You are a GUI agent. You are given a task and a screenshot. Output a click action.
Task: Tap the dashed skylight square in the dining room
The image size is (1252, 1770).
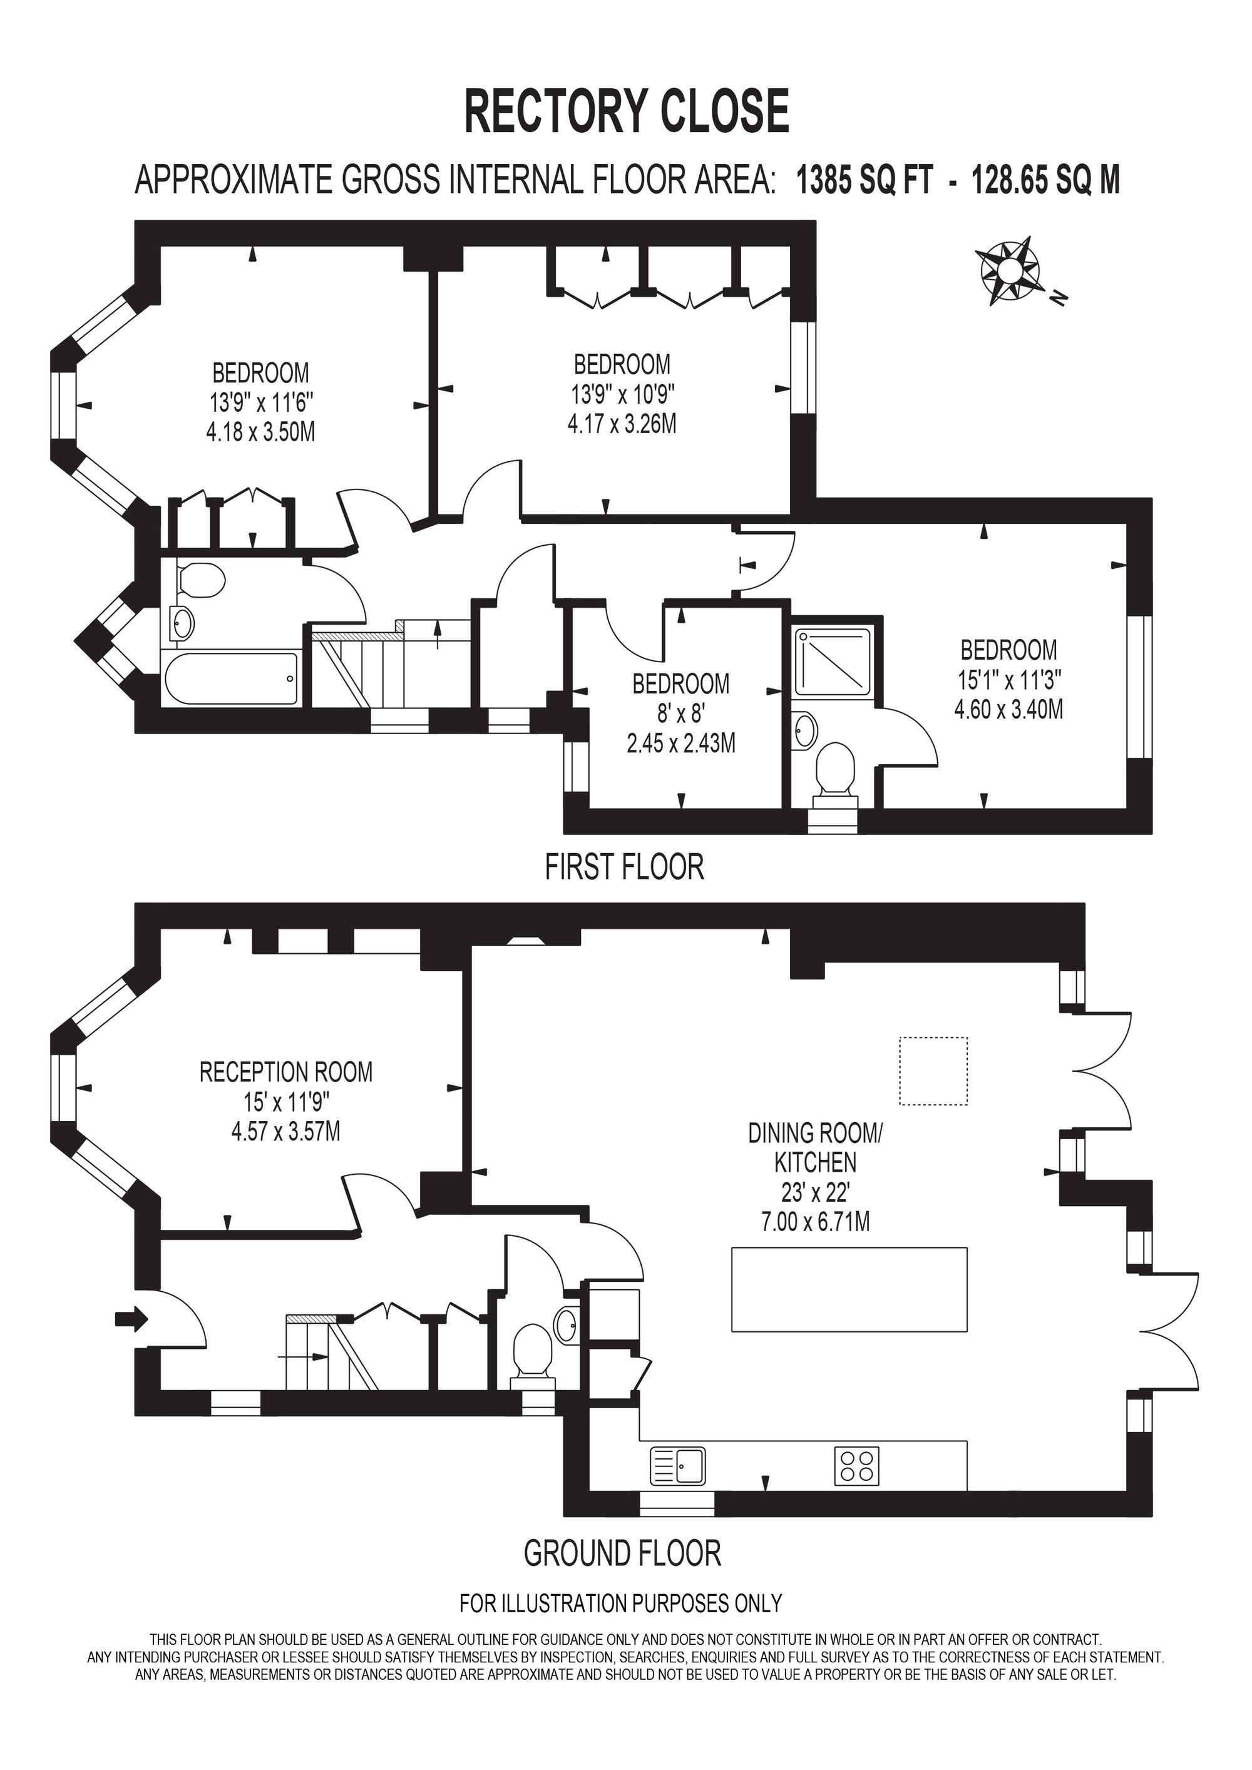pos(933,1071)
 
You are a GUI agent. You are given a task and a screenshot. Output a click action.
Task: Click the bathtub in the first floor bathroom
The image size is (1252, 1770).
pos(230,678)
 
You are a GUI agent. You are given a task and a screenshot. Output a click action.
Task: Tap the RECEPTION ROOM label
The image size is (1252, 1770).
pos(286,1072)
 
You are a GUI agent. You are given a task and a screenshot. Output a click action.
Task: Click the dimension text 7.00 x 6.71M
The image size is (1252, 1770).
pos(816,1222)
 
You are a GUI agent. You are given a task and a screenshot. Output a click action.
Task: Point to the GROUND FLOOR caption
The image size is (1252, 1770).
pos(622,1553)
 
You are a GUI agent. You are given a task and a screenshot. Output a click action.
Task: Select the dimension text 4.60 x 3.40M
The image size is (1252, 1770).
pos(1008,709)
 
